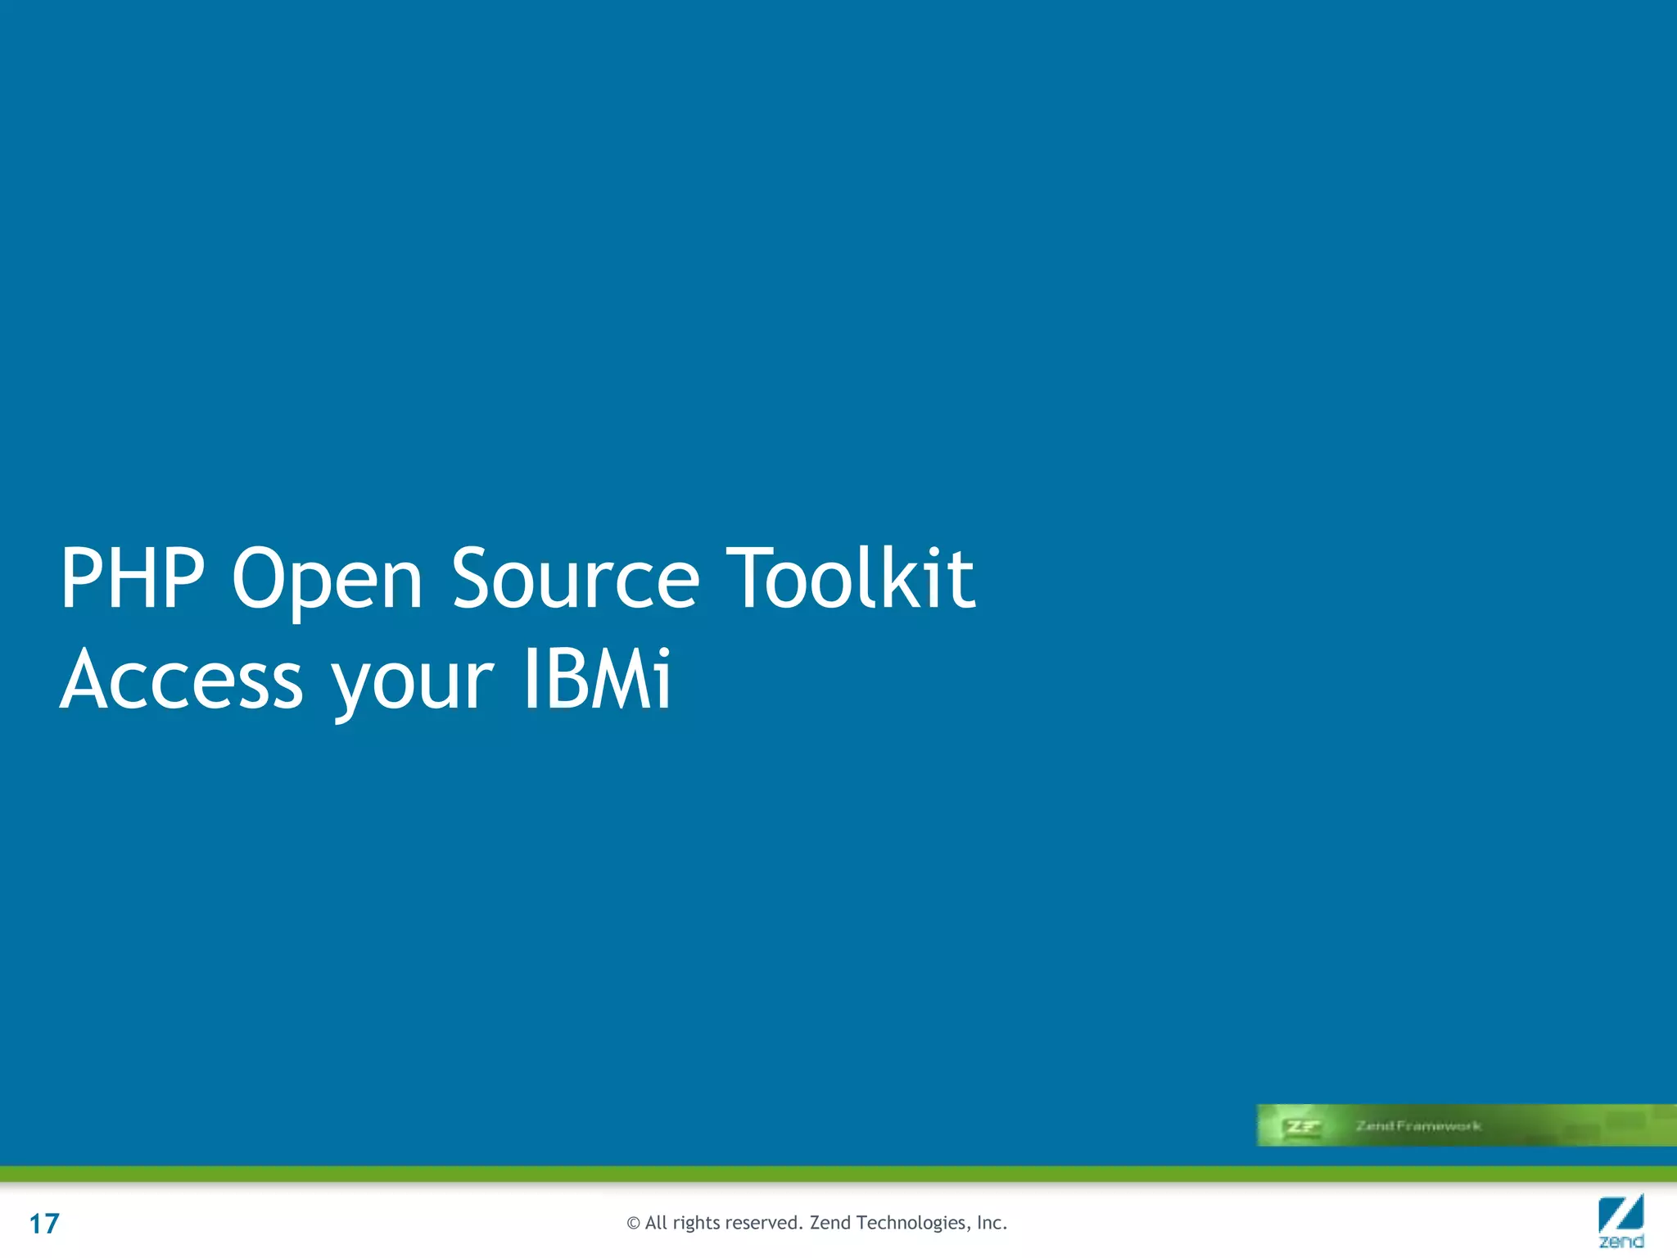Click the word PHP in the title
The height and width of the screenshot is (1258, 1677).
tap(132, 579)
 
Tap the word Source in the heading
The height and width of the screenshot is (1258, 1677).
tap(576, 579)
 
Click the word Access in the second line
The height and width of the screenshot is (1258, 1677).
tap(182, 680)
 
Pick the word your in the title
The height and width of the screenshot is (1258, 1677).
tap(413, 684)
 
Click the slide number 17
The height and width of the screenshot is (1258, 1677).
tap(44, 1224)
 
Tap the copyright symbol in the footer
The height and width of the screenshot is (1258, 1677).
tap(633, 1224)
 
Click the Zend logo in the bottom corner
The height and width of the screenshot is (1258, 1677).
tap(1620, 1220)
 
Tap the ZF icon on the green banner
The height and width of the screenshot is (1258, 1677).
tap(1301, 1126)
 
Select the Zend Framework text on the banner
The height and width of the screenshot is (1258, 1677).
tap(1418, 1126)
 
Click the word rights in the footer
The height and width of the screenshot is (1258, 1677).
tap(695, 1224)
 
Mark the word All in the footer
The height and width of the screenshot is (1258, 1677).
tap(656, 1223)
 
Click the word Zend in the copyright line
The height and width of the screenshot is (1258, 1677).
tap(830, 1223)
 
